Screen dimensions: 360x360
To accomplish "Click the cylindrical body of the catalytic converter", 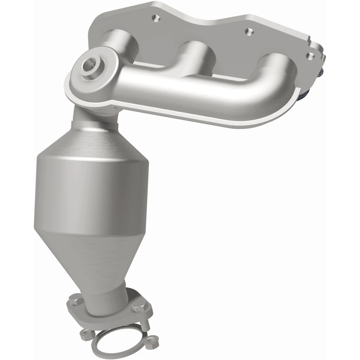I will coord(90,193).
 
